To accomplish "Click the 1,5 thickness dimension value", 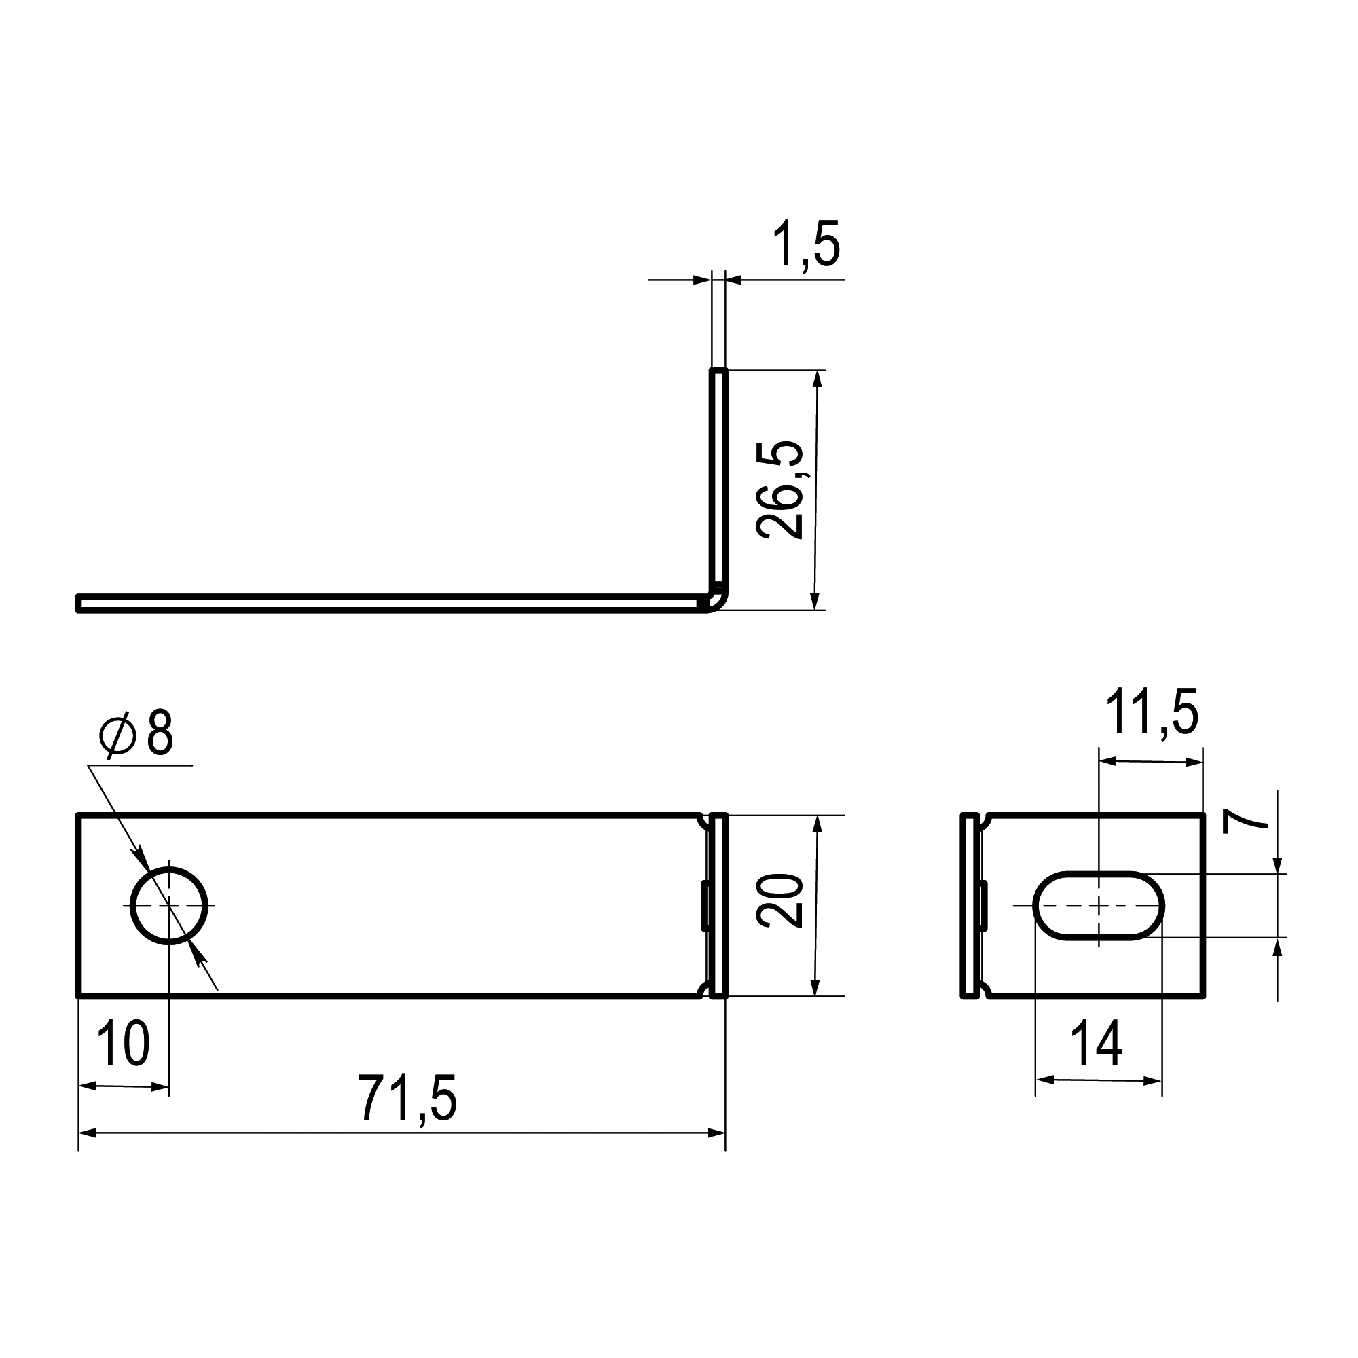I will (806, 244).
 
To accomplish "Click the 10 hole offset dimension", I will (123, 1043).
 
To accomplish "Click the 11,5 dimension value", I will (1152, 713).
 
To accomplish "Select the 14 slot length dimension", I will (1097, 1044).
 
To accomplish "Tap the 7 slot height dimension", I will (1245, 820).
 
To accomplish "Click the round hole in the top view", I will (168, 906).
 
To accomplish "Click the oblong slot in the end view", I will (1098, 906).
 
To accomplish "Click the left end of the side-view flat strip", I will (79, 603).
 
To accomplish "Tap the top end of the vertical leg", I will (718, 371).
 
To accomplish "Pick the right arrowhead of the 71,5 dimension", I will (717, 1133).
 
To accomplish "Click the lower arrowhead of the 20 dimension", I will (815, 987).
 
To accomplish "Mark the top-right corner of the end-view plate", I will (1203, 816).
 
